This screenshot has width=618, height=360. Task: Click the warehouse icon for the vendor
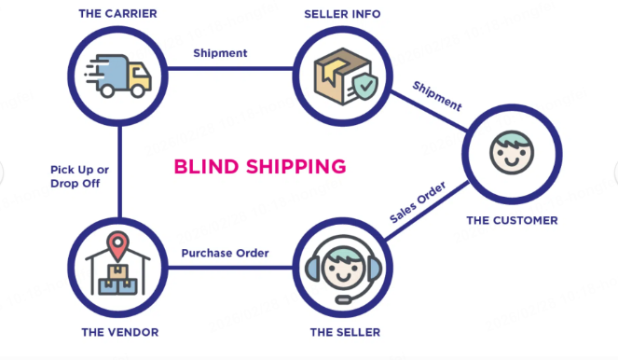pos(117,268)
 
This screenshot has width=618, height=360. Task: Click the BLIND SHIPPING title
pos(260,167)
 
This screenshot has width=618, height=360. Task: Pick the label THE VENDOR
pos(119,332)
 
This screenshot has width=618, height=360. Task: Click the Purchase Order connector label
pos(225,253)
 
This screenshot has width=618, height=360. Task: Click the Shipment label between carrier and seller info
pos(220,53)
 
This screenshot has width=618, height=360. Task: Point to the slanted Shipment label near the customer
pos(437,96)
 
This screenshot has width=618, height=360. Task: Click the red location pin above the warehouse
pos(117,247)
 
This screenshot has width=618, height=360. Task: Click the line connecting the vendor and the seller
pos(228,269)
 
